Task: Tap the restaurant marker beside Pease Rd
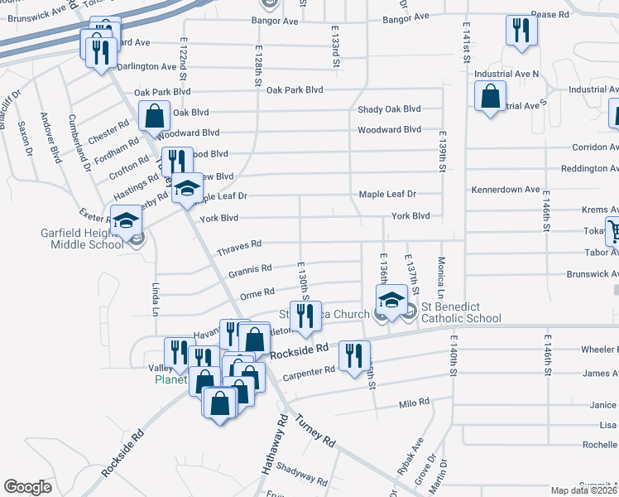click(x=521, y=31)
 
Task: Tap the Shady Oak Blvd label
click(x=389, y=109)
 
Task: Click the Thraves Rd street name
click(x=239, y=245)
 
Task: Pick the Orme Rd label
click(x=257, y=292)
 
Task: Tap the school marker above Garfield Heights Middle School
click(x=126, y=221)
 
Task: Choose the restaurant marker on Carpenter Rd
click(x=355, y=356)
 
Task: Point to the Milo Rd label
click(x=414, y=403)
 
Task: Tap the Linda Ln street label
click(x=156, y=299)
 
